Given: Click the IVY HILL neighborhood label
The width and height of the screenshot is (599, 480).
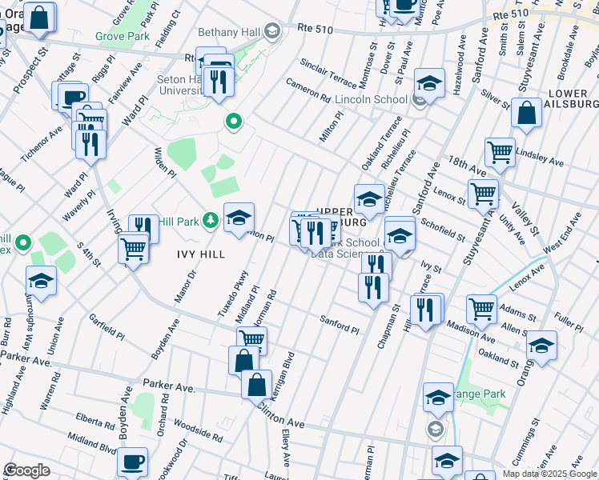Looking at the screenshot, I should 200,254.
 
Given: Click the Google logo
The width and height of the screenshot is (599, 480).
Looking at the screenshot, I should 26,470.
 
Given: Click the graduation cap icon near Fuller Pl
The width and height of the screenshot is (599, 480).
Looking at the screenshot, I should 542,345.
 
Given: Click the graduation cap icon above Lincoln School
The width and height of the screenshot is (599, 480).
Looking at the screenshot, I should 429,83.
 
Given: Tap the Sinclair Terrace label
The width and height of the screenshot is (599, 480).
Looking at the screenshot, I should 328,73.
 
